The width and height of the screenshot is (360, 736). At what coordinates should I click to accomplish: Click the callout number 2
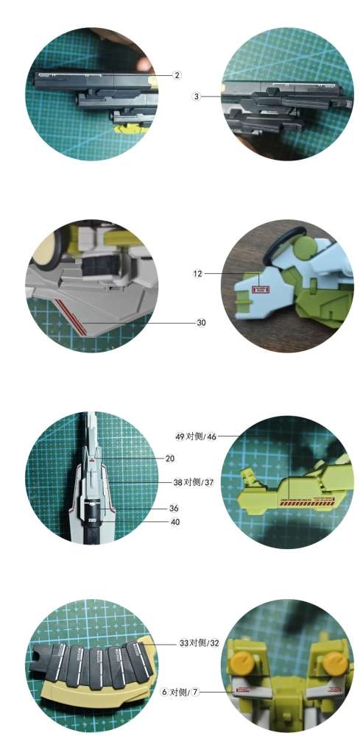pyautogui.click(x=177, y=75)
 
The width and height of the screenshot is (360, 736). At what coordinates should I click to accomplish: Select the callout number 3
pyautogui.click(x=196, y=96)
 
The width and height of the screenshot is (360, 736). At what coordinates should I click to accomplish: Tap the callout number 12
pyautogui.click(x=198, y=273)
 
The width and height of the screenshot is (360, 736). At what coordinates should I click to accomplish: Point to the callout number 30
pyautogui.click(x=201, y=323)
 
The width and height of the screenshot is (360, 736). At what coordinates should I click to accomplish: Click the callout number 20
pyautogui.click(x=170, y=459)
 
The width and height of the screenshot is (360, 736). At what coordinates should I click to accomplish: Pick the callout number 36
pyautogui.click(x=174, y=509)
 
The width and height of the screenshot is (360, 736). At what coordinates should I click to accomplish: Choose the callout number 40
pyautogui.click(x=175, y=522)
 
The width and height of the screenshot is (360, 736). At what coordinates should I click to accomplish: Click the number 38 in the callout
pyautogui.click(x=178, y=482)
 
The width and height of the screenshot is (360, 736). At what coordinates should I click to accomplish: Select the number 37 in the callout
pyautogui.click(x=209, y=482)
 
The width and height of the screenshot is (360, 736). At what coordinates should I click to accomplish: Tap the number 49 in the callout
pyautogui.click(x=180, y=436)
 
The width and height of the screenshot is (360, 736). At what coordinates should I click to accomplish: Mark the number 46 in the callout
pyautogui.click(x=212, y=436)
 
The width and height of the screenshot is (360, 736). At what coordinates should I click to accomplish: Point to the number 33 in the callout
pyautogui.click(x=184, y=643)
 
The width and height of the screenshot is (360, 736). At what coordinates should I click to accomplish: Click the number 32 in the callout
pyautogui.click(x=214, y=643)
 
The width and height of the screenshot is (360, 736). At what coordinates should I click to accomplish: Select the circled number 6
pyautogui.click(x=164, y=692)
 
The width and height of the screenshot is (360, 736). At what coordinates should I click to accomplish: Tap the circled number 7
pyautogui.click(x=195, y=692)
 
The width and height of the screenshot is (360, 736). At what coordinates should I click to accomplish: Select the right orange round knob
pyautogui.click(x=336, y=663)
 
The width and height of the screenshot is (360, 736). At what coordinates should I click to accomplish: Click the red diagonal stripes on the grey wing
pyautogui.click(x=71, y=317)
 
